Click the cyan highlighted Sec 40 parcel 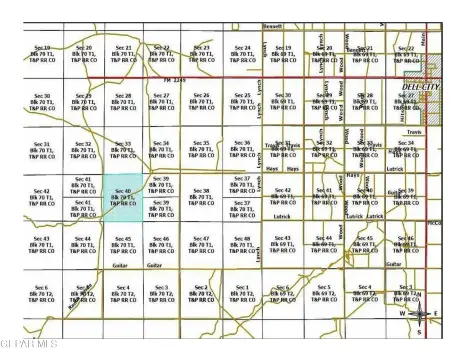[x=124, y=200]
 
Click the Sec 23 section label [x=201, y=52]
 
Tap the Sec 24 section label [x=241, y=52]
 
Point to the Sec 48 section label [x=241, y=245]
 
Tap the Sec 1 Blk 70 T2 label [x=241, y=293]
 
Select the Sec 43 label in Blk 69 [x=283, y=245]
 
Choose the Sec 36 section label [x=241, y=149]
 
